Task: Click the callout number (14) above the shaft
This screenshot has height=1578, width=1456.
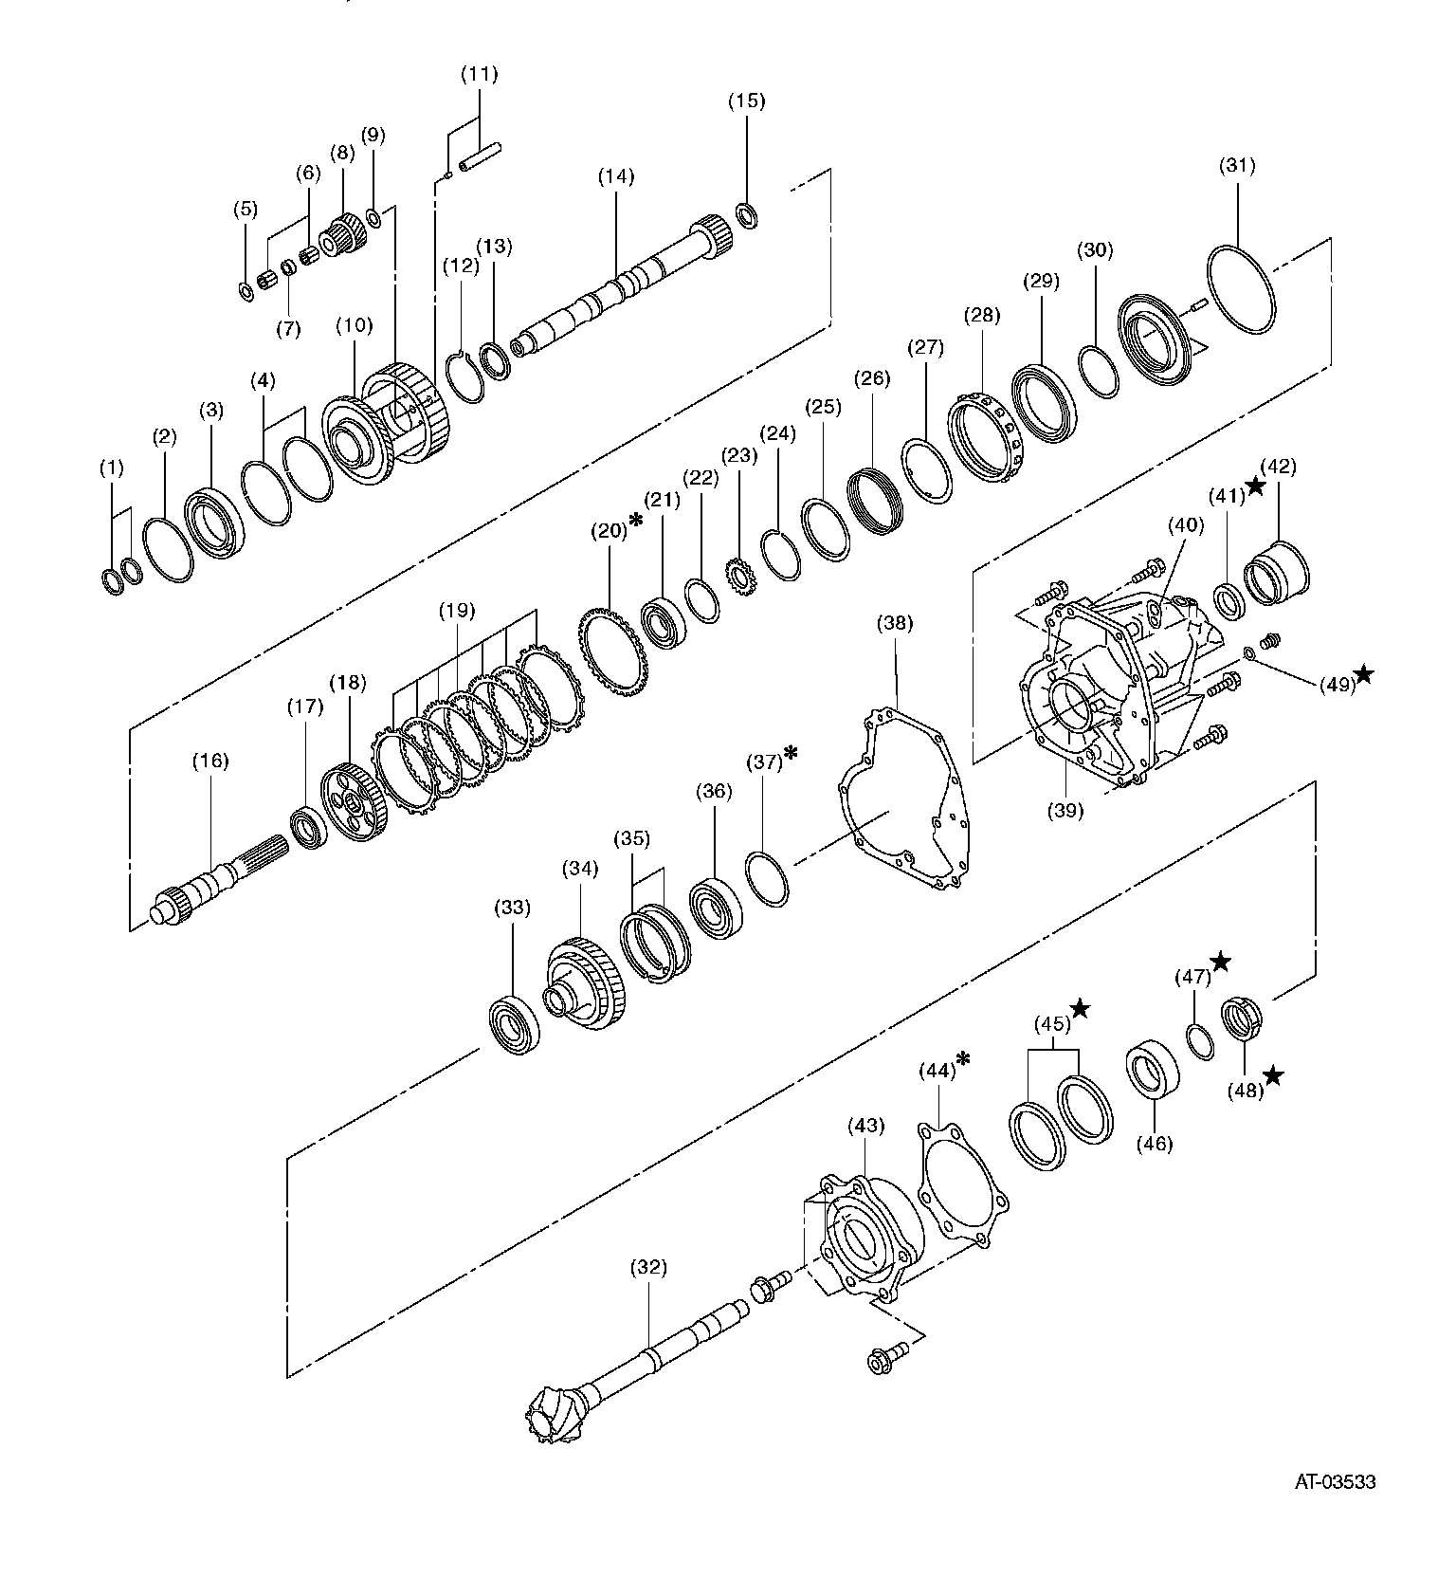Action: pos(616,176)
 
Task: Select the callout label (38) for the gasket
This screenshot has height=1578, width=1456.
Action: pos(895,623)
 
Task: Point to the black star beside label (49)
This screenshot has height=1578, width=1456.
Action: pos(1364,674)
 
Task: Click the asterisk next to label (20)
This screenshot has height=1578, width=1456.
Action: pos(636,521)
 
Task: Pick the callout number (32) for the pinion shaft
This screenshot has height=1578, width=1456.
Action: pos(648,1266)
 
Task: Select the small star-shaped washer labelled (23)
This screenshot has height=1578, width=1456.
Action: pos(738,578)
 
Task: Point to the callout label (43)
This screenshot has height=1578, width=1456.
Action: pos(865,1126)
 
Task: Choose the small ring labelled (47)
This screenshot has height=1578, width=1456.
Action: pos(1199,1040)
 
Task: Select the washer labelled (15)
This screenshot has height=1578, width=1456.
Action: pos(748,215)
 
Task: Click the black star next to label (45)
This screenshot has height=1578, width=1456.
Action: pos(1080,1009)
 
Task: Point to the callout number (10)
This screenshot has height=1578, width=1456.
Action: pos(355,324)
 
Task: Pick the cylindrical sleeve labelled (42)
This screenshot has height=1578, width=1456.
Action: pos(1275,574)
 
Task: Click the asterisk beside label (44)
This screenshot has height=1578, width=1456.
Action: pos(963,1058)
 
